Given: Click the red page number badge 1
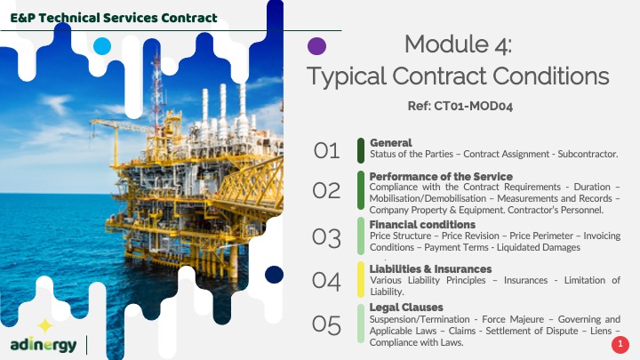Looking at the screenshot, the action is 620,345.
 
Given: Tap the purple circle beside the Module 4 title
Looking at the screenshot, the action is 316,46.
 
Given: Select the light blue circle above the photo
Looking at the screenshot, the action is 102,46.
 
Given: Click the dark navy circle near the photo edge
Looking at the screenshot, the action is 274,275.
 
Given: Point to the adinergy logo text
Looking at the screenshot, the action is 44,345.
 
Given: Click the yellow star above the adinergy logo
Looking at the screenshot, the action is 45,325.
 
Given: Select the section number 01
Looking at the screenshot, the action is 326,151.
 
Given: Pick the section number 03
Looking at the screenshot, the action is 326,238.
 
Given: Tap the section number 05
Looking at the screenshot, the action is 326,325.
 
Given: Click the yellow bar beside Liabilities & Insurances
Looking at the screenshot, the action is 361,280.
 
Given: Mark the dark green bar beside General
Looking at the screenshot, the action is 361,150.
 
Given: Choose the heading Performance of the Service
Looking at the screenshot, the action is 441,176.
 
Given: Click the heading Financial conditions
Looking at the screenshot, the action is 422,225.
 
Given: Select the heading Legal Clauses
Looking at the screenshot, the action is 406,308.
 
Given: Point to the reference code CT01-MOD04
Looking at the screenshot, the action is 473,106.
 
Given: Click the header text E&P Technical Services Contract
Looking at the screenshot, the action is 114,18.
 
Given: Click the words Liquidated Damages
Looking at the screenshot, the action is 539,247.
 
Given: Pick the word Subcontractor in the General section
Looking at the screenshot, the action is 588,155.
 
